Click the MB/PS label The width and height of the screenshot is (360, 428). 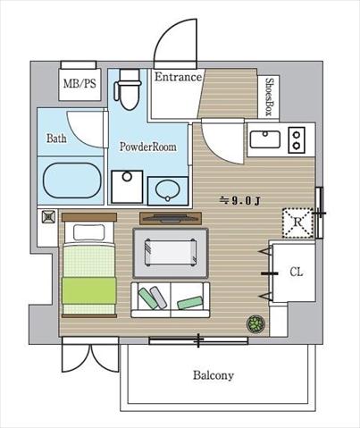(x=80, y=84)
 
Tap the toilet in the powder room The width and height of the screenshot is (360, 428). (x=128, y=89)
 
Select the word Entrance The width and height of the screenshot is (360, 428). (x=178, y=77)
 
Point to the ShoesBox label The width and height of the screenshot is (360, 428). (x=269, y=97)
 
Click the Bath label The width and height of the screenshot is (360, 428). (x=56, y=138)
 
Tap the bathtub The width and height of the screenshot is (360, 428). (x=72, y=180)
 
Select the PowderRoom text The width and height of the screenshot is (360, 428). (x=148, y=147)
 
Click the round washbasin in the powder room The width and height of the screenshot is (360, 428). (x=168, y=190)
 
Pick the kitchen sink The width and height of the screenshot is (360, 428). (x=265, y=139)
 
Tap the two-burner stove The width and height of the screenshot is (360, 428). (x=297, y=140)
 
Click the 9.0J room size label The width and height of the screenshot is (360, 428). (x=239, y=201)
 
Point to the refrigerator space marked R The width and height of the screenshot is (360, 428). (x=297, y=222)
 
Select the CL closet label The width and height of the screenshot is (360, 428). (x=297, y=272)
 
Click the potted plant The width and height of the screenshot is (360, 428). (x=255, y=323)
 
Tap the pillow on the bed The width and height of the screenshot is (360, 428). (x=88, y=232)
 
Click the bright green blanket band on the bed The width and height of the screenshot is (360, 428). (x=88, y=290)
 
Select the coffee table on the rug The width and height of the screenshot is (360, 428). (x=171, y=252)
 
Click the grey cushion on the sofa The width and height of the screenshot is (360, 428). (x=158, y=298)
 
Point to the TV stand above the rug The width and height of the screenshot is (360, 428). (x=171, y=218)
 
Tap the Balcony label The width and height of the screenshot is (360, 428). (x=213, y=375)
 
